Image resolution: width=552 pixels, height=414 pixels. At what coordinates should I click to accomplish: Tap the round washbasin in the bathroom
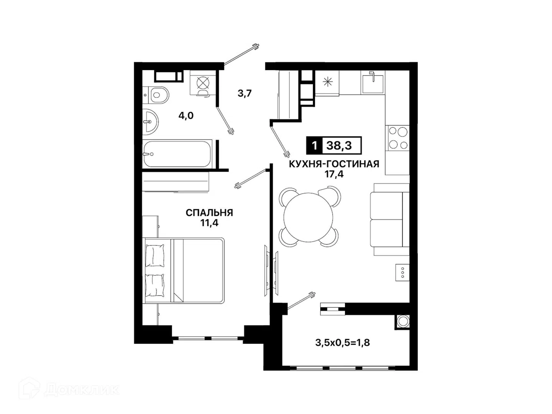tap(151, 122)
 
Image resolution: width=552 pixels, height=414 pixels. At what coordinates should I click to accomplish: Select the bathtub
tap(177, 154)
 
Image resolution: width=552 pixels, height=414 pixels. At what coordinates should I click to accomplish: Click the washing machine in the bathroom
tap(203, 83)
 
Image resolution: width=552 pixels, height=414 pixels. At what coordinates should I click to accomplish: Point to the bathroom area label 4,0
tap(186, 116)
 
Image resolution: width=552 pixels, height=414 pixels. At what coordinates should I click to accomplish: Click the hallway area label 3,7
tap(245, 94)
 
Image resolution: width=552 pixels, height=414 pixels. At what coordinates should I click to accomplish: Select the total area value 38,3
tap(339, 145)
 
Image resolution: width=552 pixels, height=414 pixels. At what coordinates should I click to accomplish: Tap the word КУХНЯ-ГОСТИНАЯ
tap(334, 164)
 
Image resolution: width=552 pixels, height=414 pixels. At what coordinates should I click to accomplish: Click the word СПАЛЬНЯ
tap(209, 213)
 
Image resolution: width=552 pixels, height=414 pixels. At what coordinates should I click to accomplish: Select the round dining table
tap(308, 217)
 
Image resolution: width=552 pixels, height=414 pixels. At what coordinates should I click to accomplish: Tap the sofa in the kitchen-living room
tap(389, 219)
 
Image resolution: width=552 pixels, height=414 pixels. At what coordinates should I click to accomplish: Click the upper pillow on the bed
tap(155, 255)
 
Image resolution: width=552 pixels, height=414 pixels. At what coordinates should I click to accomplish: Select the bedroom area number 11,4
tap(209, 223)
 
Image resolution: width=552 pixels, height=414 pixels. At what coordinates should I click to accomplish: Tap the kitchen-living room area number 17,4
tap(334, 174)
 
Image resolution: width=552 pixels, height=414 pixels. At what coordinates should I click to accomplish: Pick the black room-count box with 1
tap(314, 145)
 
